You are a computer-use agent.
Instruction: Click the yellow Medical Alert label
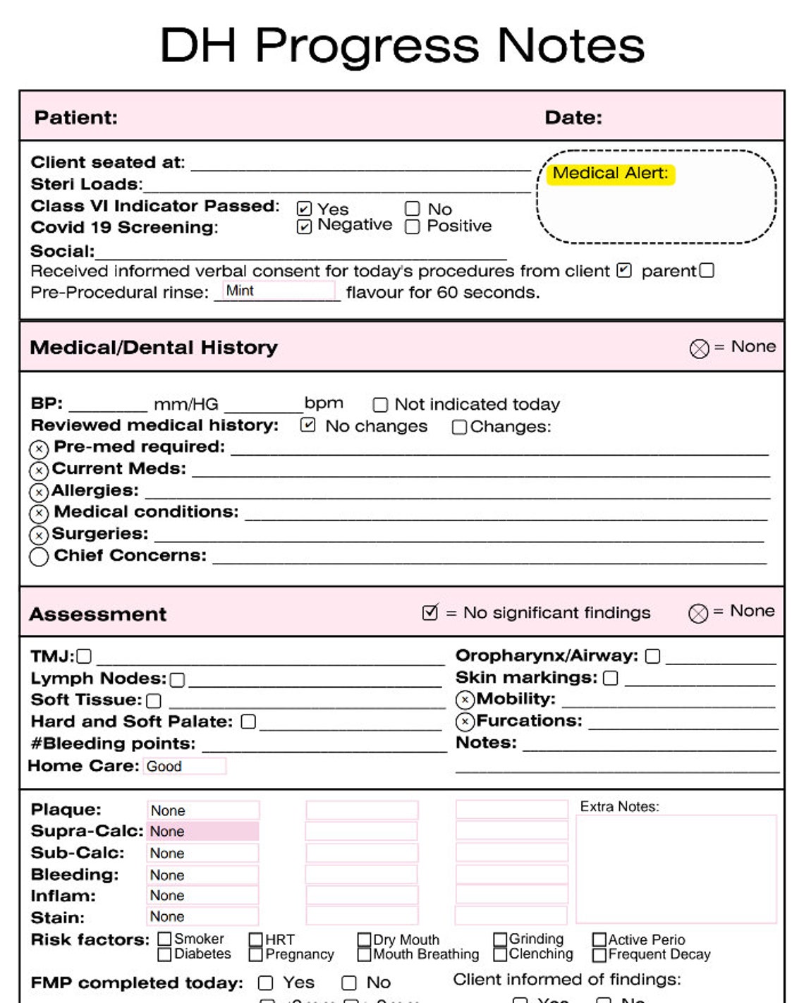point(611,174)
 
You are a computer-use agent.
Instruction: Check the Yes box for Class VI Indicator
point(304,209)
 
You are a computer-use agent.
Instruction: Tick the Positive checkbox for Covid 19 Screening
point(413,226)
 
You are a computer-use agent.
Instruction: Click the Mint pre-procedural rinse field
point(279,291)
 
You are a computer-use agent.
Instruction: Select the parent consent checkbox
point(707,270)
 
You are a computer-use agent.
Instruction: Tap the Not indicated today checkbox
point(380,405)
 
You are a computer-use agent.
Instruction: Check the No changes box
point(307,425)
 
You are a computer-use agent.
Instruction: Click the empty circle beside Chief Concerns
point(39,557)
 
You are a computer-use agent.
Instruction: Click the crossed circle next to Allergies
point(39,492)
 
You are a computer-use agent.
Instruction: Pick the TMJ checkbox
point(84,657)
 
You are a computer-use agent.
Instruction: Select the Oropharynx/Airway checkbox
point(653,656)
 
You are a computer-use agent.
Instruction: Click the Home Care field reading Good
point(185,766)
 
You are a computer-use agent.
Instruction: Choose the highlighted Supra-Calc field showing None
point(203,831)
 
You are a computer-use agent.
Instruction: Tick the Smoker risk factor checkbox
point(165,939)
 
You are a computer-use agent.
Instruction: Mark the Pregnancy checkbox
point(256,954)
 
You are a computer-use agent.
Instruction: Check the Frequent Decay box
point(599,955)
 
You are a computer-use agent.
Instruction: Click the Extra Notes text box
point(676,869)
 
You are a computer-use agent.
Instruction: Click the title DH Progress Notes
point(402,45)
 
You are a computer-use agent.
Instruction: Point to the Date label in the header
point(573,117)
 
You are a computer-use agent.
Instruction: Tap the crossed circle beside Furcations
point(465,721)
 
